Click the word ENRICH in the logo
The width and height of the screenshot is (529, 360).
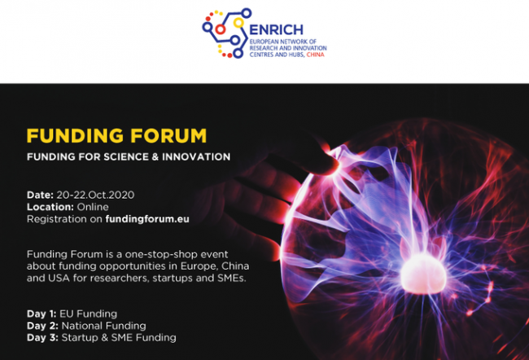tap(276, 30)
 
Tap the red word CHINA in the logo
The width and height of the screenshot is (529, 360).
tap(316, 55)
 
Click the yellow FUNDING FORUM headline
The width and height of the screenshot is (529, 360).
tap(116, 136)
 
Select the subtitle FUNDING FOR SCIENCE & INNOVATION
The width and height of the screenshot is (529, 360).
tap(129, 156)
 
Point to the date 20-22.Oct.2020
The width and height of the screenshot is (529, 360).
tap(95, 195)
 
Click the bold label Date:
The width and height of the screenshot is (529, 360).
tap(40, 195)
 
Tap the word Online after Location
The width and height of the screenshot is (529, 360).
tap(93, 207)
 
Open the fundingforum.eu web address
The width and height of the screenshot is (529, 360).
tap(147, 219)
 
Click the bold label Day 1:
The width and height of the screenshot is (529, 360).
tap(42, 314)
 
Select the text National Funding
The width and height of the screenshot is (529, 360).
tap(103, 326)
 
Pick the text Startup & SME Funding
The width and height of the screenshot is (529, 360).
tap(119, 337)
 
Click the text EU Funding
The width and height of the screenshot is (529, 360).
tap(89, 314)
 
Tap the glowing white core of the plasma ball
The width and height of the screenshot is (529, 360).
tap(423, 274)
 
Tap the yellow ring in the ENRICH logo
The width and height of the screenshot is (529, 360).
tap(238, 23)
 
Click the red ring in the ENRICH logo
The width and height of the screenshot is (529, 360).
tap(221, 29)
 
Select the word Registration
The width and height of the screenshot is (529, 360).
tap(57, 219)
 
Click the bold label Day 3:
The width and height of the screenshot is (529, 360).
tap(42, 337)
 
